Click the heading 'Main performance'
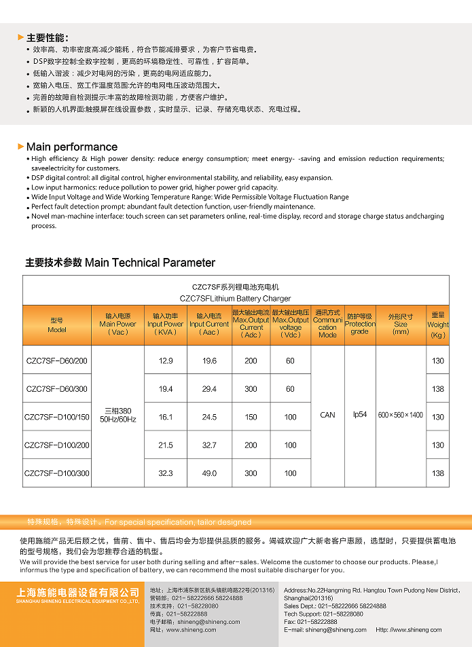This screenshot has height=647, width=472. (x=71, y=147)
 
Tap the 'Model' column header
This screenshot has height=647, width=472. (x=57, y=325)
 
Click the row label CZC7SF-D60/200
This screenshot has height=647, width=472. (x=57, y=361)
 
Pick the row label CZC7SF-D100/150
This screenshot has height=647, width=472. (x=57, y=417)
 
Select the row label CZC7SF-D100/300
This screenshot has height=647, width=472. (x=57, y=473)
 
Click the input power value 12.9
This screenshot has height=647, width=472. (x=166, y=361)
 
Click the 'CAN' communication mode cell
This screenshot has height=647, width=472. (x=327, y=415)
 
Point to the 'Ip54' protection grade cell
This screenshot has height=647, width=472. (x=359, y=415)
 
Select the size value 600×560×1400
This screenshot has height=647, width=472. (x=401, y=415)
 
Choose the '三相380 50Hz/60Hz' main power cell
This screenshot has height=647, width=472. (x=118, y=415)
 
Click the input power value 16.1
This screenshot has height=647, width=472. (x=166, y=417)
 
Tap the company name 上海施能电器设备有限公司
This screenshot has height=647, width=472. (x=77, y=593)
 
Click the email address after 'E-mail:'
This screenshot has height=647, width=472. (x=335, y=629)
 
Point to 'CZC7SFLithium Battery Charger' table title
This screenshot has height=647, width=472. (x=235, y=298)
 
